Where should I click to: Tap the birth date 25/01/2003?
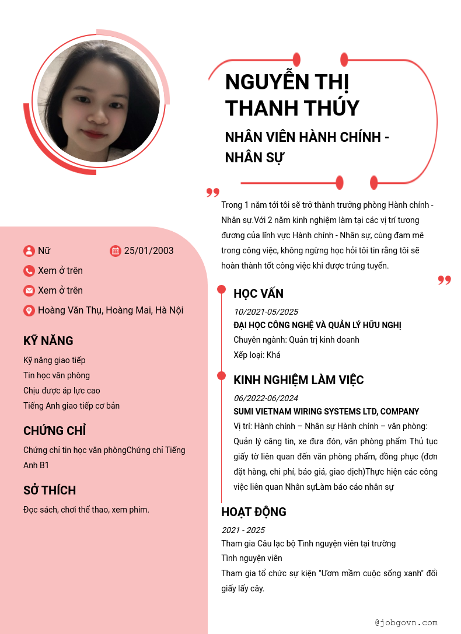pyautogui.click(x=149, y=251)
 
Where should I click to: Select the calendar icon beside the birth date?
pyautogui.click(x=116, y=251)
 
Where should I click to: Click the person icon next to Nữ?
pyautogui.click(x=29, y=251)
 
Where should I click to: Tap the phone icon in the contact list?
pyautogui.click(x=29, y=271)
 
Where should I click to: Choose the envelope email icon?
pyautogui.click(x=29, y=291)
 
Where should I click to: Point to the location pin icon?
pyautogui.click(x=29, y=311)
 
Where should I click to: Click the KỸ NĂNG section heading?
pyautogui.click(x=48, y=341)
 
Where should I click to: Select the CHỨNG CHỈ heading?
pyautogui.click(x=55, y=431)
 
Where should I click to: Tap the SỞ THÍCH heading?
pyautogui.click(x=50, y=490)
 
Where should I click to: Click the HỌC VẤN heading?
pyautogui.click(x=259, y=294)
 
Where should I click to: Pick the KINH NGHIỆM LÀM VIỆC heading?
pyautogui.click(x=298, y=380)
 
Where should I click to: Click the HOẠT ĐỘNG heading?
pyautogui.click(x=254, y=512)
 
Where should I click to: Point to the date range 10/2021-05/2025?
pyautogui.click(x=266, y=312)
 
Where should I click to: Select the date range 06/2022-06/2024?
pyautogui.click(x=266, y=398)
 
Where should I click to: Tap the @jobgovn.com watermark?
pyautogui.click(x=406, y=623)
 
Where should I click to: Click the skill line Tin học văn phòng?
pyautogui.click(x=57, y=375)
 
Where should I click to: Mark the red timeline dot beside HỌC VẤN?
pyautogui.click(x=222, y=290)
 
